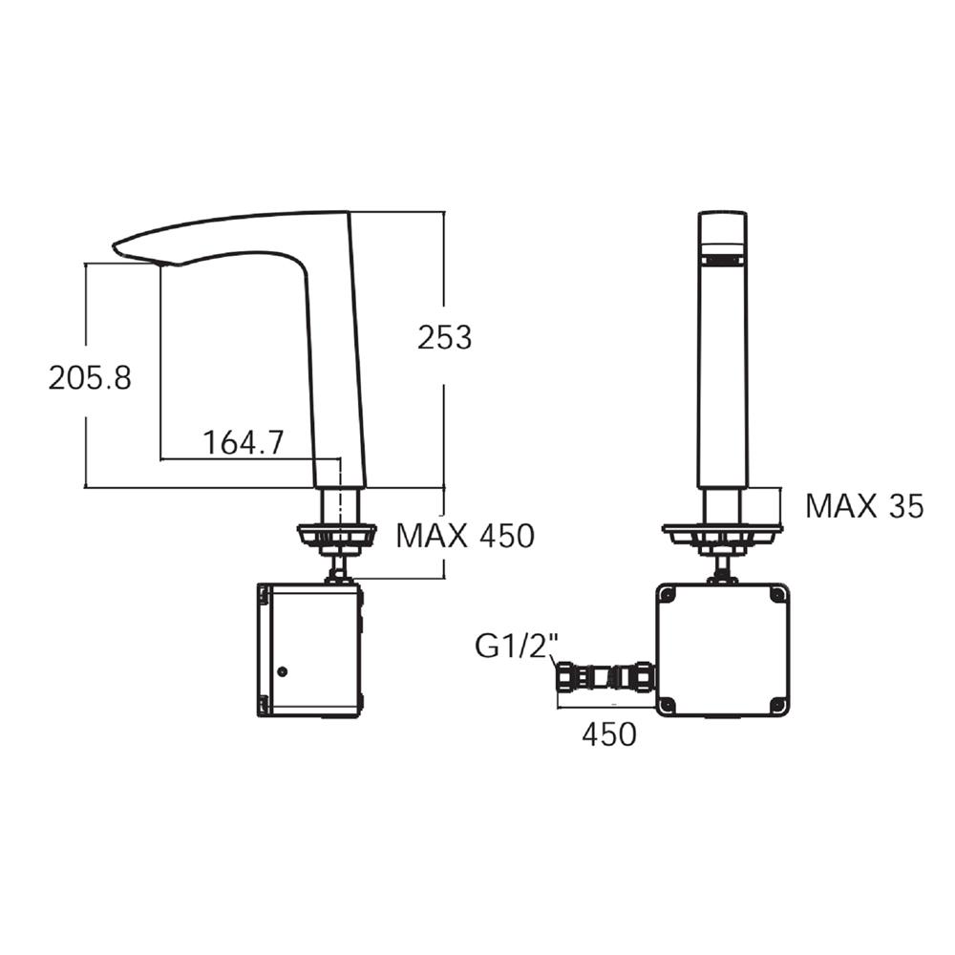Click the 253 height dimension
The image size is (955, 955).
tap(444, 337)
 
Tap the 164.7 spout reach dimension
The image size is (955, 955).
tap(243, 442)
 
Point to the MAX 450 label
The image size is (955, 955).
tap(465, 536)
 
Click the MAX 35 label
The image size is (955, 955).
tap(864, 506)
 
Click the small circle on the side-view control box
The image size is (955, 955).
tap(282, 672)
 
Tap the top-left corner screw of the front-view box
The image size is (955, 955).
tap(668, 595)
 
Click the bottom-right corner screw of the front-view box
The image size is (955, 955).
tap(777, 705)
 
